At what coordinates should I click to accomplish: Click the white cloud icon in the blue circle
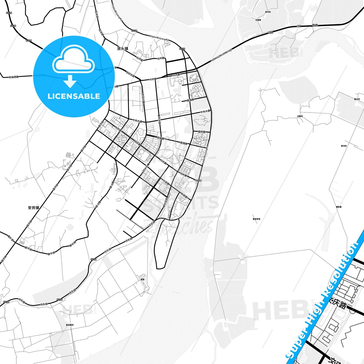pos(74,59)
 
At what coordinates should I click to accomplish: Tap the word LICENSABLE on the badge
pos(74,96)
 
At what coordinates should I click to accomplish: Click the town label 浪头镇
pos(123,48)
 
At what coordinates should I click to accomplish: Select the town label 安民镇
pos(34,208)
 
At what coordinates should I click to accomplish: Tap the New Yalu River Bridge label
pos(221,55)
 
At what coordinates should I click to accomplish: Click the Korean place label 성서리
pos(268,12)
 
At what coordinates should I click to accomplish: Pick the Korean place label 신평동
pos(258,20)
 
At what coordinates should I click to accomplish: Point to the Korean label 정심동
pos(315,25)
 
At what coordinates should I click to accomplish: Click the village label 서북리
pos(300,116)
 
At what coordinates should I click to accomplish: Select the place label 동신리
pos(357,99)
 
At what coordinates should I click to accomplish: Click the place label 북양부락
pos(256,219)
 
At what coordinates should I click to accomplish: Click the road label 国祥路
pos(202,132)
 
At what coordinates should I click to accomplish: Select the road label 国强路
pos(190,100)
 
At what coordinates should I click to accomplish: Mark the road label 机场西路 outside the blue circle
pos(14,77)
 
